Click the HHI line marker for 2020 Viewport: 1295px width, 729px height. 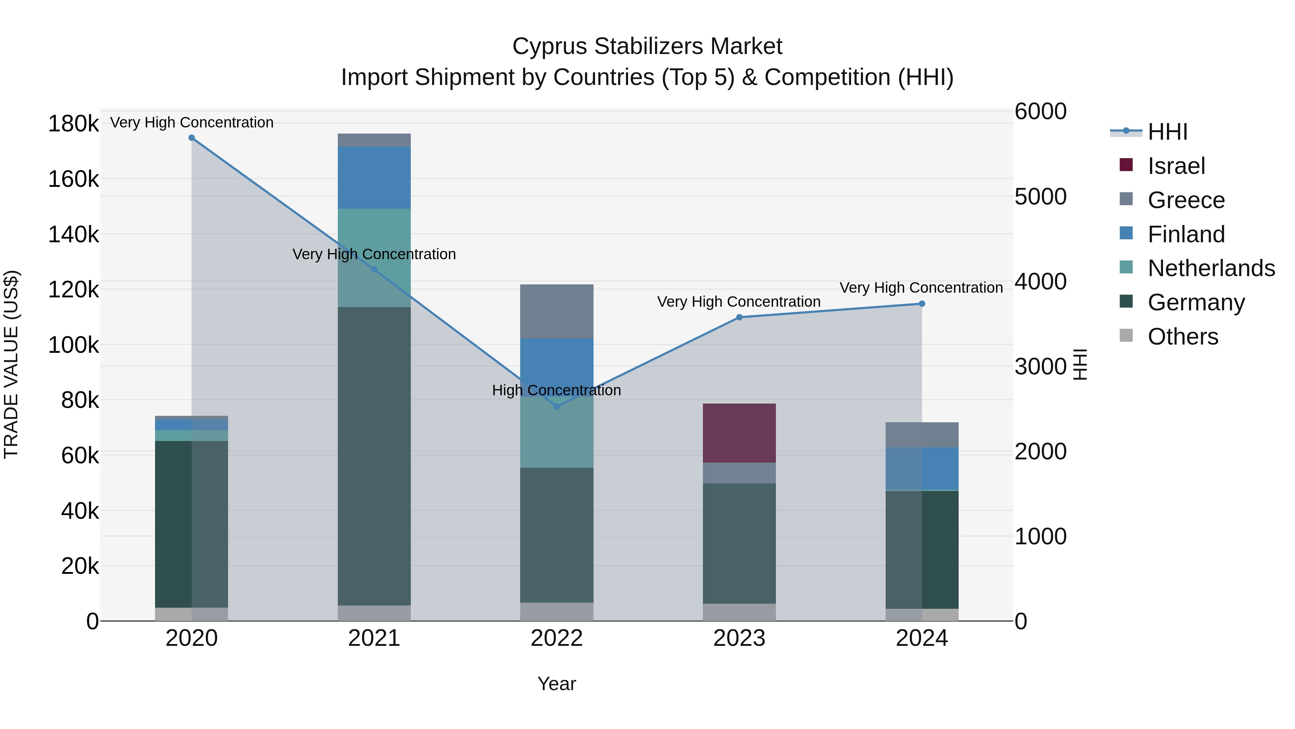191,138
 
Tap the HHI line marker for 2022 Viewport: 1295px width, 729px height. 556,406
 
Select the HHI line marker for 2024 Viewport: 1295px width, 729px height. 922,304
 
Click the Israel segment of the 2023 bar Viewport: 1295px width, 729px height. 739,433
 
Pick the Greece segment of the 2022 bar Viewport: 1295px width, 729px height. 556,311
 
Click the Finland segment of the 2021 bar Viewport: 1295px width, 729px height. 374,177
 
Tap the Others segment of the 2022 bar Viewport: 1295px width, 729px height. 556,611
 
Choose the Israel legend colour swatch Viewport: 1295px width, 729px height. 1126,165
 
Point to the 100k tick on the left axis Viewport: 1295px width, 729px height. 73,345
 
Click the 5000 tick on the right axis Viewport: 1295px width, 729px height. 1040,197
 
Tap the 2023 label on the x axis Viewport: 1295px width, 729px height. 739,638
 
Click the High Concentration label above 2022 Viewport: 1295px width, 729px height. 556,390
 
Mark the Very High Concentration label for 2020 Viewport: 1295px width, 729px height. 191,122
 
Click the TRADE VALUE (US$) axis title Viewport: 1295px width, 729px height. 11,364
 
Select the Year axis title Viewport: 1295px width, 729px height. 556,684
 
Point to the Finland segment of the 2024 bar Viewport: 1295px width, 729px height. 922,468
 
